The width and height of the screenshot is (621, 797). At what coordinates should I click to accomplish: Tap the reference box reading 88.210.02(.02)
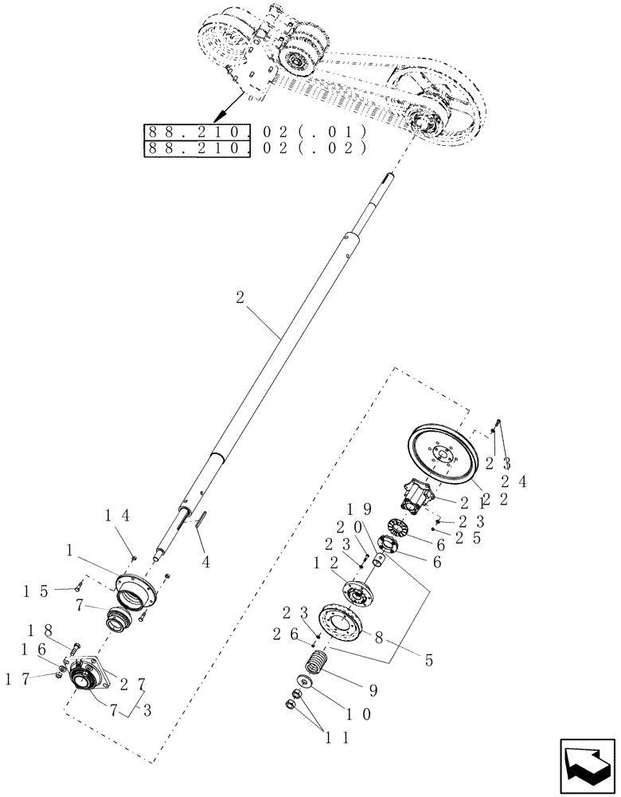254,149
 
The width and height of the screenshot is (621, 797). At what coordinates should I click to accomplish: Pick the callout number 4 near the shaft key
205,561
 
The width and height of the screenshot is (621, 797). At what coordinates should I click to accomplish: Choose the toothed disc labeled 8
341,622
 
